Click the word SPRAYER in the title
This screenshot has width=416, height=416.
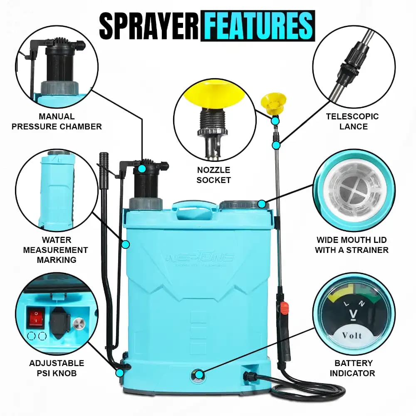click(x=149, y=26)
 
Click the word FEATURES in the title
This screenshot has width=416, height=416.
click(x=258, y=26)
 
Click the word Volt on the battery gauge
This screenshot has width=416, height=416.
click(x=352, y=335)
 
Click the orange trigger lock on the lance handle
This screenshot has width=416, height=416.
click(x=284, y=308)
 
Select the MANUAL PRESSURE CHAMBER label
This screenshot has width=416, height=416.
click(x=57, y=121)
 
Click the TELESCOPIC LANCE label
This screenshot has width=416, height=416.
click(x=352, y=121)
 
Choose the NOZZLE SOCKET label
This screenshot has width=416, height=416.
click(x=213, y=175)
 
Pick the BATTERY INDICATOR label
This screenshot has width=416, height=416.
click(x=352, y=368)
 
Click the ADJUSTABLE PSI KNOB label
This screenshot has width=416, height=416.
click(x=56, y=368)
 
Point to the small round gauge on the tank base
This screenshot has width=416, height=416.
click(x=198, y=375)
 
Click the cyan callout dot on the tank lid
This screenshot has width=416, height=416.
click(x=261, y=204)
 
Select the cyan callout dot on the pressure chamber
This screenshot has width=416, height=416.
click(x=142, y=168)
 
